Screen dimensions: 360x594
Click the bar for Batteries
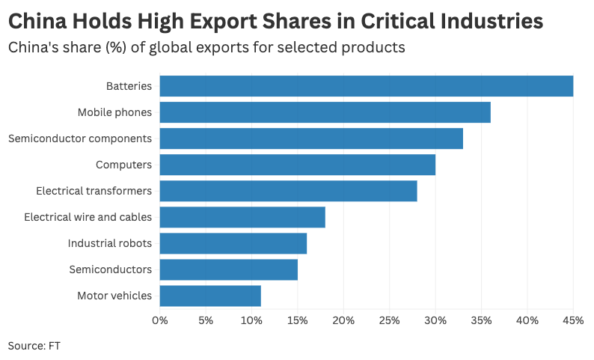click(367, 86)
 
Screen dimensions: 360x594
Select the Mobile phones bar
click(325, 112)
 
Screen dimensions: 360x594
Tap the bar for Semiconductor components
click(311, 138)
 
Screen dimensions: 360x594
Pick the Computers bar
click(298, 165)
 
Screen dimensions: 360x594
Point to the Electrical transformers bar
click(289, 191)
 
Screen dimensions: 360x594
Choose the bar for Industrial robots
click(233, 243)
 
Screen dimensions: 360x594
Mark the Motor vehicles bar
click(210, 296)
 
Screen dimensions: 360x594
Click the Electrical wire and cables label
click(88, 217)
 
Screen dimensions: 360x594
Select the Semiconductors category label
click(110, 269)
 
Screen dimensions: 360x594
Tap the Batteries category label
click(129, 86)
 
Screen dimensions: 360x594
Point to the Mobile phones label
click(114, 112)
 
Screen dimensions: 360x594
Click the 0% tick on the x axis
click(160, 320)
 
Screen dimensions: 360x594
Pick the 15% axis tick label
click(298, 320)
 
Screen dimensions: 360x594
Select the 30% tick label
click(435, 320)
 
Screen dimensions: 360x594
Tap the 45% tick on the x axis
click(573, 320)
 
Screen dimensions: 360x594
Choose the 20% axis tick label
click(343, 320)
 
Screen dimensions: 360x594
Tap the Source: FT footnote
click(34, 346)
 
